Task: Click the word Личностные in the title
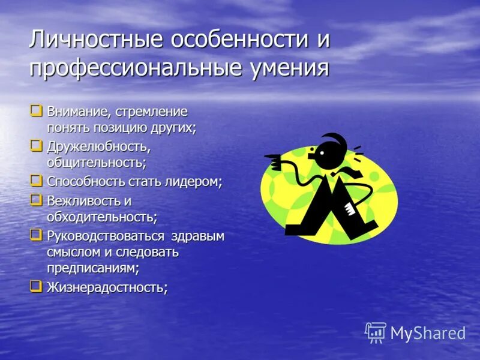(97, 40)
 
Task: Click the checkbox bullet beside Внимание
(37, 110)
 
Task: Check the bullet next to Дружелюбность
(37, 145)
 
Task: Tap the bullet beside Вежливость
(37, 199)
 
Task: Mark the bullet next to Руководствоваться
(37, 234)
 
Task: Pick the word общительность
(97, 163)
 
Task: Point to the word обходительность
(102, 217)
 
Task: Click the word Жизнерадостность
(107, 288)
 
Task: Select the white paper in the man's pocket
(350, 209)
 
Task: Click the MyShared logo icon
(376, 332)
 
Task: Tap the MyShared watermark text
(428, 333)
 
